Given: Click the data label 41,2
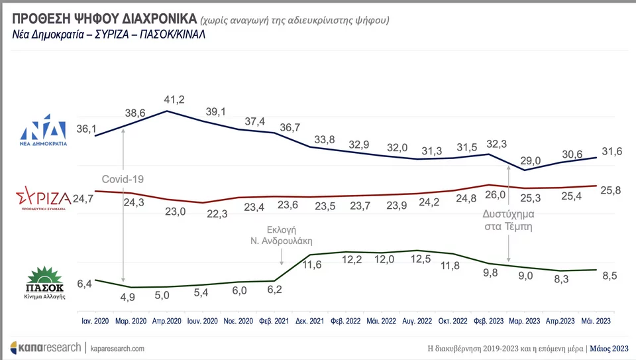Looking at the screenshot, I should coord(174,99).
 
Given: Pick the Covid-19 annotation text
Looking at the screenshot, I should coord(123,179).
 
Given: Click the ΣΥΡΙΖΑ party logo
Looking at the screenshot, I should coord(43,198).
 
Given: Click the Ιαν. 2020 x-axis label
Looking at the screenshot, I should coord(95,320).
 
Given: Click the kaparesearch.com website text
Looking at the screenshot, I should coord(117,348).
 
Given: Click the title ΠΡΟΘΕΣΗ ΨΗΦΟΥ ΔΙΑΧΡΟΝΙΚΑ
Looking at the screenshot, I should coord(103,19).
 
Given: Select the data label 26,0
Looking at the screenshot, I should coord(496,195).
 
